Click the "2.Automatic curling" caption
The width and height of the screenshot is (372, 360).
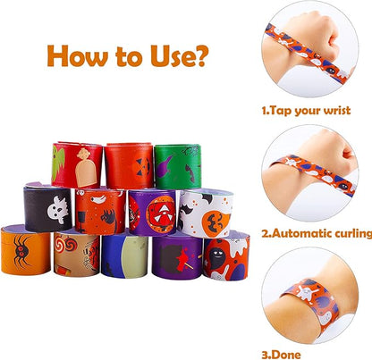pos(316,233)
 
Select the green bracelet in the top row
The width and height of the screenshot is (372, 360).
pos(177,166)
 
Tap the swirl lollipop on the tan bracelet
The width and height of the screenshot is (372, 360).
pos(70,244)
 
